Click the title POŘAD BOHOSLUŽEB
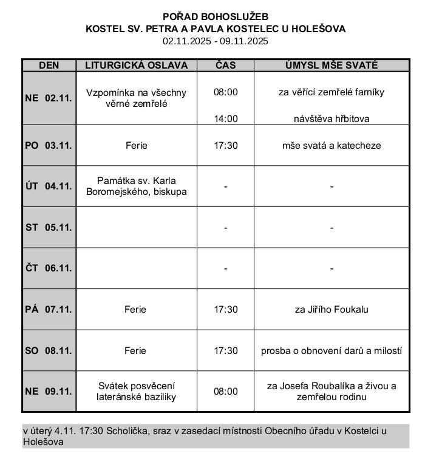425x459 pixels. click(216, 16)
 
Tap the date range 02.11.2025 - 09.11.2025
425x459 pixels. click(216, 41)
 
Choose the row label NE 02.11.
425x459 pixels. click(49, 98)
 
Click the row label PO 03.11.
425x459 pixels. click(49, 146)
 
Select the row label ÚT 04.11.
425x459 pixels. click(49, 186)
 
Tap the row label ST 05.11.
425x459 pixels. click(49, 228)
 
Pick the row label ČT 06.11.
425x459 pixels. click(49, 268)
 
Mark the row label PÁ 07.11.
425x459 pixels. click(49, 310)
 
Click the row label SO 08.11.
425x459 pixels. click(49, 351)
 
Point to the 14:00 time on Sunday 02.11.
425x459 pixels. click(225, 119)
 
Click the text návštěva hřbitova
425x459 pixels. click(331, 119)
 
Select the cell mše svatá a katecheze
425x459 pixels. click(331, 146)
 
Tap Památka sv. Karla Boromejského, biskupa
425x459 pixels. click(136, 186)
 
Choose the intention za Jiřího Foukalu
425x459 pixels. click(331, 310)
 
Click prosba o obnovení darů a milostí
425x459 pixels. click(331, 351)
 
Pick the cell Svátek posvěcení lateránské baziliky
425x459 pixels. click(136, 392)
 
